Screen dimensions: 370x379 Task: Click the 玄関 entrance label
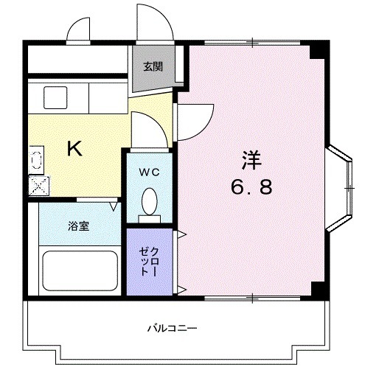point(153,66)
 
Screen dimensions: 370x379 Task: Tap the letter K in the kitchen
point(74,150)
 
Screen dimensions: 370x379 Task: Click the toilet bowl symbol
point(150,200)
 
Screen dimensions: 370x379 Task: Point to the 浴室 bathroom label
point(79,226)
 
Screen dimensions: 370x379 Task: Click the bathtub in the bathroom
point(80,270)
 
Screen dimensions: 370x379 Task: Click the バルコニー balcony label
point(172,327)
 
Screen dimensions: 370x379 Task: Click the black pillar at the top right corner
point(317,50)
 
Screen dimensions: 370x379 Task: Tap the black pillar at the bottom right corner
point(317,289)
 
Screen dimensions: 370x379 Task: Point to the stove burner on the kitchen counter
point(35,157)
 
